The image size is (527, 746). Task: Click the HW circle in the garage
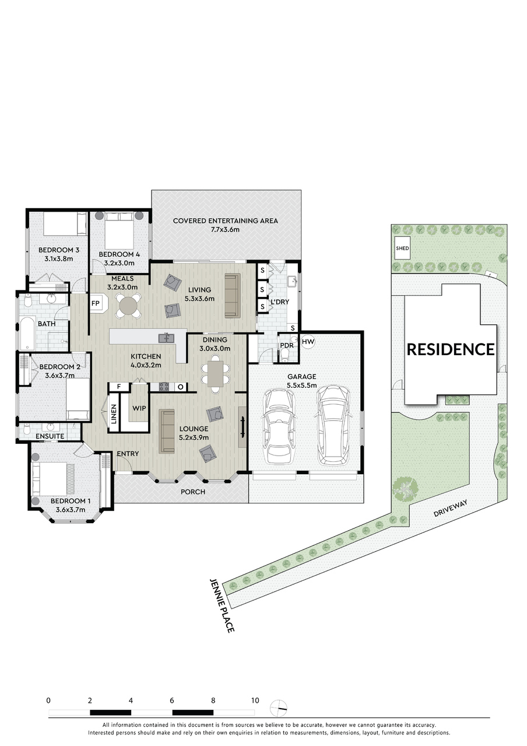[308, 342]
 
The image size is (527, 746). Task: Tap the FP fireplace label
[96, 303]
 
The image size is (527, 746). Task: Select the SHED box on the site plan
[402, 248]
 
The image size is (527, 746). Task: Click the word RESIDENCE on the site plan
[451, 350]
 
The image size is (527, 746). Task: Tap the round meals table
[128, 304]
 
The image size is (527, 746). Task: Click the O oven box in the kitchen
[181, 387]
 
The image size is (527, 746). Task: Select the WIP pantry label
[139, 408]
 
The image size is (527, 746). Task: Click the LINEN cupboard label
[114, 414]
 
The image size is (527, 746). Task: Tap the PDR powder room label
[287, 345]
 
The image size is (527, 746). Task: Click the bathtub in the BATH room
[27, 334]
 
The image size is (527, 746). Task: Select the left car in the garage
[279, 426]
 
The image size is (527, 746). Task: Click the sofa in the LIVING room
[233, 296]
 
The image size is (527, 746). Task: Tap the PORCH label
[193, 492]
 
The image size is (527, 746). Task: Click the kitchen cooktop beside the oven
[164, 387]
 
